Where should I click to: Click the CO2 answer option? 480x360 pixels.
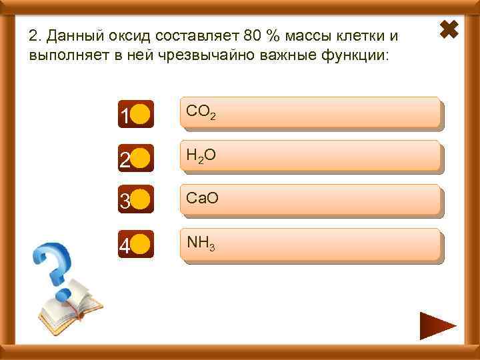point(310,113)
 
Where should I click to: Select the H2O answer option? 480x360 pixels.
point(310,157)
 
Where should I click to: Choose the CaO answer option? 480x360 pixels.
point(310,200)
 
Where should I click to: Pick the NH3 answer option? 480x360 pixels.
point(310,244)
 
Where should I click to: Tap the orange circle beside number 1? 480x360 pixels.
point(140,115)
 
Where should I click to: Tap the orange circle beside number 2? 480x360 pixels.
point(140,159)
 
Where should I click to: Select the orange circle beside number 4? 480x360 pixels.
point(140,245)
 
